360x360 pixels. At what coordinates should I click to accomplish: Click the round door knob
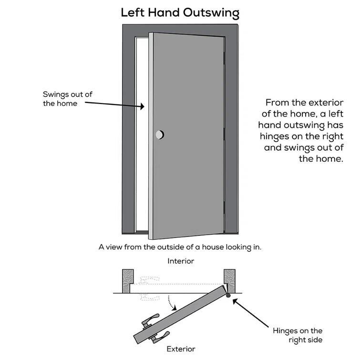[x=159, y=135]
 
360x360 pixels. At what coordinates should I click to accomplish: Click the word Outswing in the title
[x=210, y=12]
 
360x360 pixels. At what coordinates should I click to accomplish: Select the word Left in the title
[x=132, y=12]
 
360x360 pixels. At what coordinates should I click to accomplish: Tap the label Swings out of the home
[x=67, y=99]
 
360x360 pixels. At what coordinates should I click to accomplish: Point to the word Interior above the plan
[x=181, y=261]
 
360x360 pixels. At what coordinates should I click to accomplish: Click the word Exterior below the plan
[x=181, y=349]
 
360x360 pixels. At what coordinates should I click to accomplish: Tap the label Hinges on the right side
[x=298, y=335]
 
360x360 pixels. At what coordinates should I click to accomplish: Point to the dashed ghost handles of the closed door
[x=148, y=288]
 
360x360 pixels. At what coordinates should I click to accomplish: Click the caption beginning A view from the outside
[x=180, y=247]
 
